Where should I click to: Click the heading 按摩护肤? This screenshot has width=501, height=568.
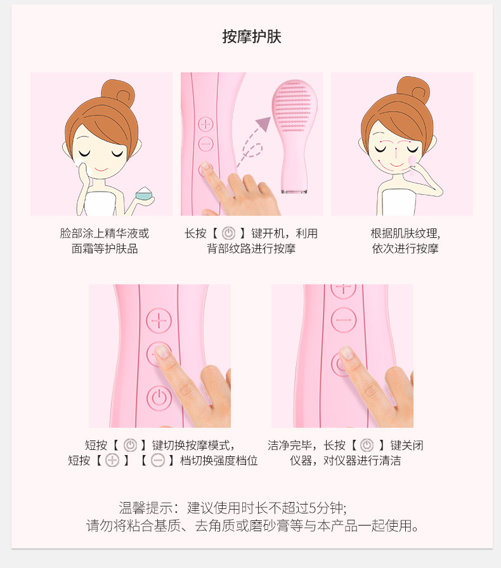tap(252, 37)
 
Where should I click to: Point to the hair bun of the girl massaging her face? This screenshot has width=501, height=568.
tap(413, 89)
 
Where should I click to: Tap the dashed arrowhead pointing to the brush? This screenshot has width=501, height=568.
tap(264, 123)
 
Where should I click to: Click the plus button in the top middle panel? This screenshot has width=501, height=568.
tap(205, 124)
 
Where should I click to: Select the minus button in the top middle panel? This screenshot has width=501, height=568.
tap(205, 144)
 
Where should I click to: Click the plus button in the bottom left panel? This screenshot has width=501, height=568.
tap(159, 320)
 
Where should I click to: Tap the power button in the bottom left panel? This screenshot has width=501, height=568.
tap(159, 398)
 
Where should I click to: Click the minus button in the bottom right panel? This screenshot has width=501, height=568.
tap(344, 320)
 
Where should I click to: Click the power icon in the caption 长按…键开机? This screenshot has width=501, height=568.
tap(228, 234)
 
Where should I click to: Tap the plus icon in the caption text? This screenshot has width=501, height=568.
tap(112, 460)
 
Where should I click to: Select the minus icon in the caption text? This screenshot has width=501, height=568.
tap(158, 460)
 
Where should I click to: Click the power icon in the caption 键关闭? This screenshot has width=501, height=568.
tap(367, 446)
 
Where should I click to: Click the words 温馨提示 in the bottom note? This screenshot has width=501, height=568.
tap(145, 508)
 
